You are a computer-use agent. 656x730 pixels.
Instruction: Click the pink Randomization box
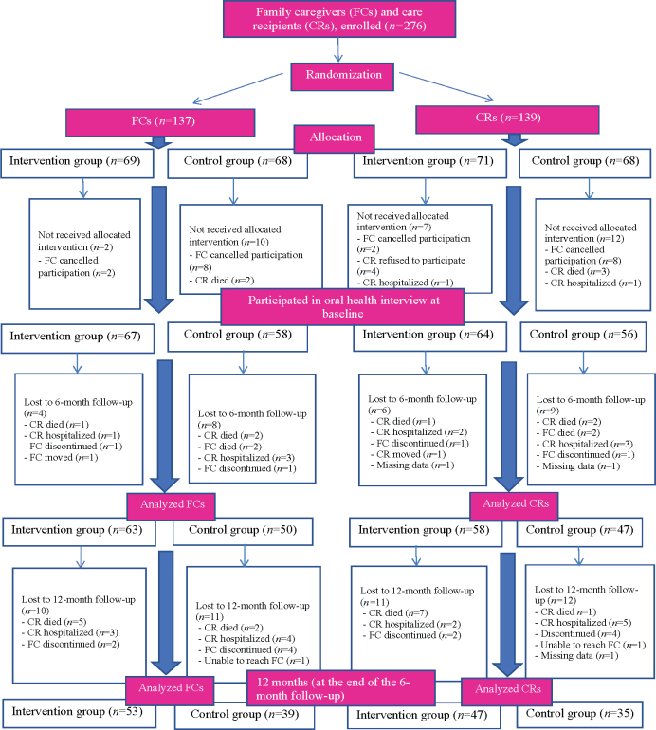(x=342, y=77)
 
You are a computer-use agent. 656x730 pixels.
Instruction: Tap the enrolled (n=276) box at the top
(x=339, y=19)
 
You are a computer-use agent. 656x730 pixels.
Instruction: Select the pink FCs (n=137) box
(x=160, y=122)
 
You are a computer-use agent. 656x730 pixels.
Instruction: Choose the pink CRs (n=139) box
(x=507, y=119)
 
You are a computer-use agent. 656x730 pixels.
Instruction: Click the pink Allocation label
(x=335, y=138)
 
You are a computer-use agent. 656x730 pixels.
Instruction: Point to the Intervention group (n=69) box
(x=78, y=163)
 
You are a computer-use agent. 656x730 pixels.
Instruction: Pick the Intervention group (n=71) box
(x=430, y=163)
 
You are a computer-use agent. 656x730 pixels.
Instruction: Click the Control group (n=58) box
(x=237, y=338)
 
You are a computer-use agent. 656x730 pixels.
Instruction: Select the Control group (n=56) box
(x=583, y=337)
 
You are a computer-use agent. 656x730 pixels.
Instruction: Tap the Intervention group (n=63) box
(x=79, y=532)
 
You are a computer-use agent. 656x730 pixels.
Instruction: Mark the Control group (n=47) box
(x=579, y=532)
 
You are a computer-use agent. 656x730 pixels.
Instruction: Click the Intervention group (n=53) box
(x=79, y=713)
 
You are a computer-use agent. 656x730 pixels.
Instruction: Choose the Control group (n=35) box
(x=579, y=715)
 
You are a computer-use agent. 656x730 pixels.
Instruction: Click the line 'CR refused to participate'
(x=413, y=261)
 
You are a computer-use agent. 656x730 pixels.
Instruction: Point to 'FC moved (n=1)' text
(x=61, y=458)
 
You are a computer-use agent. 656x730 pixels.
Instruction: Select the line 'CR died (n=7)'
(x=397, y=613)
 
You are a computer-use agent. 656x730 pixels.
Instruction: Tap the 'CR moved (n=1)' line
(x=409, y=454)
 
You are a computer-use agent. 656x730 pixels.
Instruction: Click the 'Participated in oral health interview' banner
(x=342, y=307)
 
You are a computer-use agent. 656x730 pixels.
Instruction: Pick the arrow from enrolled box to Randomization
(x=338, y=50)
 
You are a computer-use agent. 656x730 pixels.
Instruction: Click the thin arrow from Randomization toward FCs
(x=238, y=88)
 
